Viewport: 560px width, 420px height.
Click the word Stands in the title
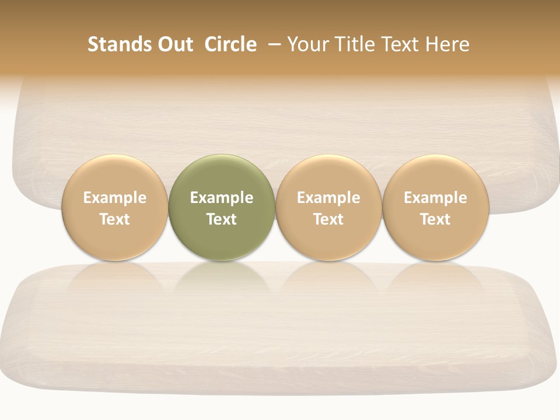[x=118, y=44]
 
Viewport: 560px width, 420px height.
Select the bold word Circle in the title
[x=230, y=44]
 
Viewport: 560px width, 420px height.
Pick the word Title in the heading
[x=355, y=44]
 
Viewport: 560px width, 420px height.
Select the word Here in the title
[x=448, y=44]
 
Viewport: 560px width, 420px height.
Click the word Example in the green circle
[x=222, y=198]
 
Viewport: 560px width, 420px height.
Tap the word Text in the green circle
[x=222, y=219]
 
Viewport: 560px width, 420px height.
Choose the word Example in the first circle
[x=114, y=198]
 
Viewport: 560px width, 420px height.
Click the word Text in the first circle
[x=114, y=219]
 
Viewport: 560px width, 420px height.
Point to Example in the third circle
[x=328, y=198]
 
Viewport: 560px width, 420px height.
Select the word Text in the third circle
[x=328, y=219]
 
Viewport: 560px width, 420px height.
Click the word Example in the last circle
[x=435, y=198]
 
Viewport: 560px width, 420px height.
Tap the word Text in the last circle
[x=435, y=219]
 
